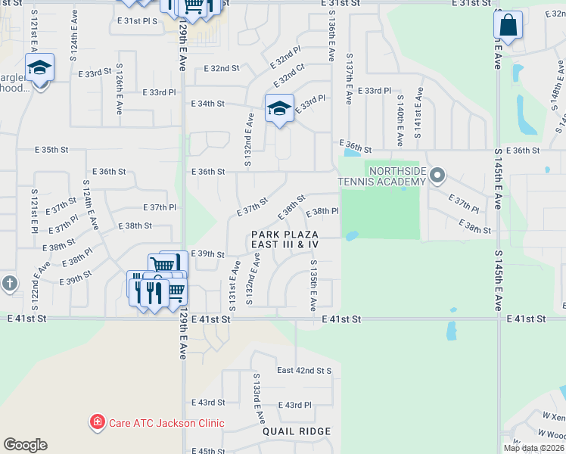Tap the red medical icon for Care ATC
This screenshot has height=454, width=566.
coord(97,422)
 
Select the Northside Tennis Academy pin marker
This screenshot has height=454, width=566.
coord(437,176)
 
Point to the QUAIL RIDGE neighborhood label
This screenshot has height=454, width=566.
coord(297,431)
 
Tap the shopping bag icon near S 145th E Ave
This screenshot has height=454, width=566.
coord(508,26)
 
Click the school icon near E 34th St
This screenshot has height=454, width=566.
coord(279,109)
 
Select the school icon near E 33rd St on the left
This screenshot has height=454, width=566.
coord(39,69)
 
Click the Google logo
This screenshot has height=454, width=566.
coord(25,445)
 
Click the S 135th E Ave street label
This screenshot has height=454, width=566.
coord(313,285)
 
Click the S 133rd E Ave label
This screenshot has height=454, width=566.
coord(257,398)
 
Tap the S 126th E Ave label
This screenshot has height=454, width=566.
coord(119,89)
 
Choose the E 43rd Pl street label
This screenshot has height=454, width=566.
coord(294,406)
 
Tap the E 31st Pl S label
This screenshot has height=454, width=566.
coord(137,21)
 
